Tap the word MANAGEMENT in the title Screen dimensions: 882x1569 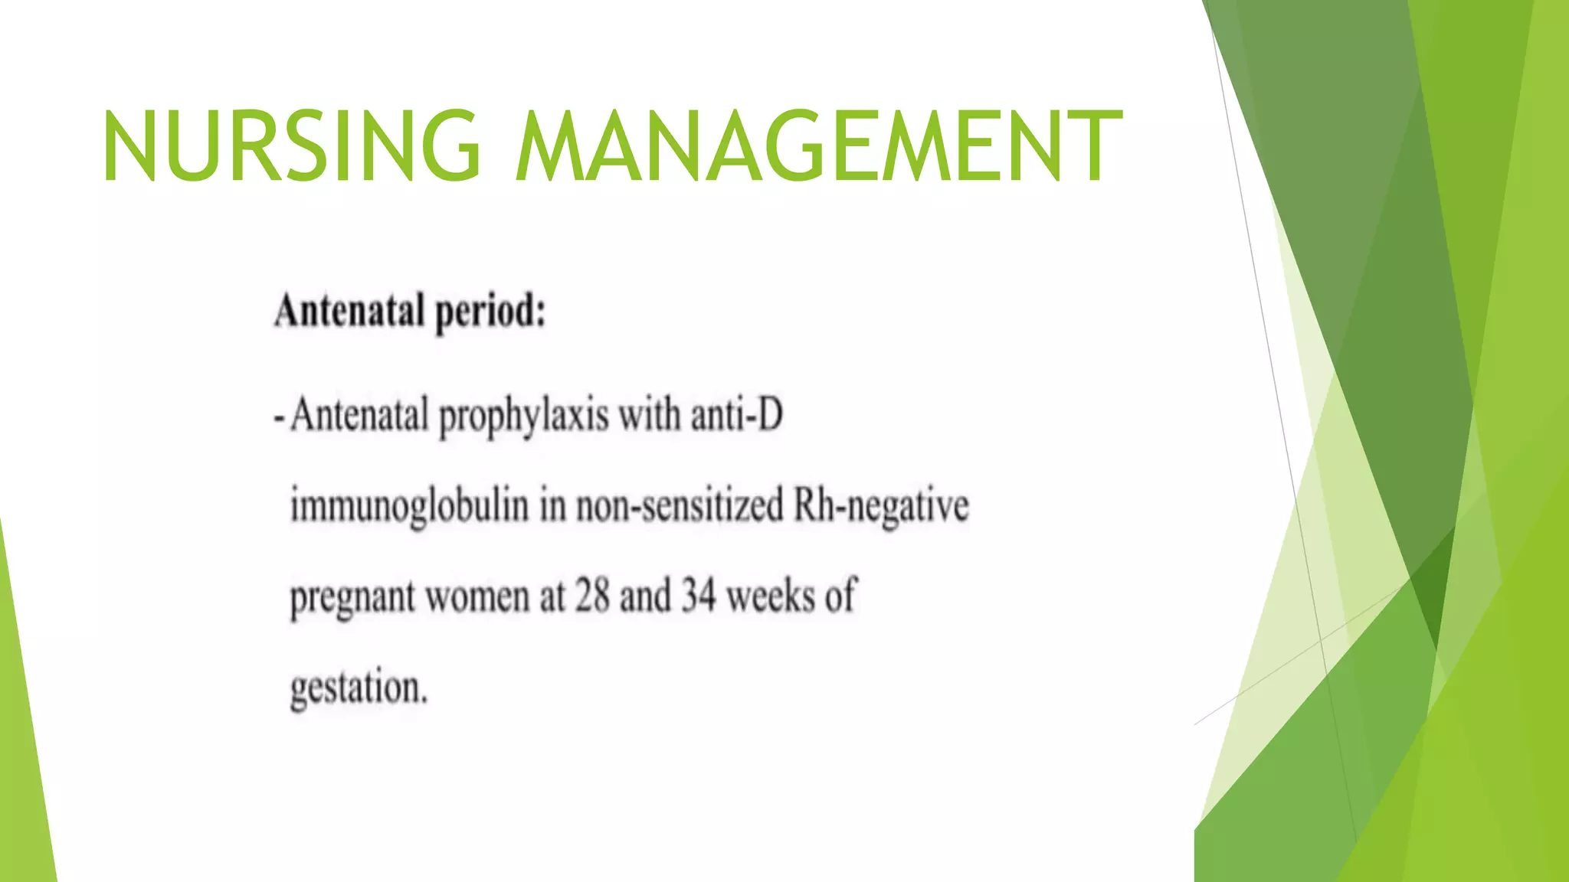point(818,146)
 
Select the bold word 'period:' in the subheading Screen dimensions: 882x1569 point(490,313)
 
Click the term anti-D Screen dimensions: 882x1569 point(736,416)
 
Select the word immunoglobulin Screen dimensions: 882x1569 point(409,508)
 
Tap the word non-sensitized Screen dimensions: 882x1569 point(680,506)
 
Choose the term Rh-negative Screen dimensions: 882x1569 point(881,508)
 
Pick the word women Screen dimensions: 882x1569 point(477,596)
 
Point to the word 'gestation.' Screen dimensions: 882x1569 point(359,688)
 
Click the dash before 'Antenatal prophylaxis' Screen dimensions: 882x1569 point(280,419)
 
